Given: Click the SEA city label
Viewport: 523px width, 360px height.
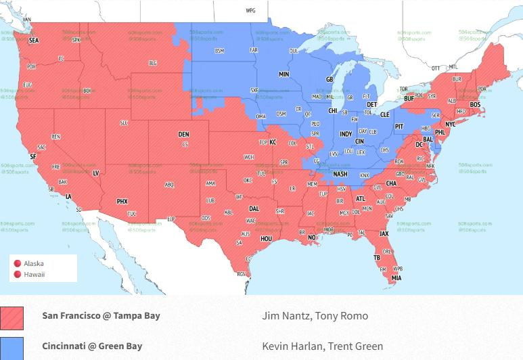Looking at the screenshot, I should click(34, 41).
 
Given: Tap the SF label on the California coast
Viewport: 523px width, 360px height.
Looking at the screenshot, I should click(32, 156).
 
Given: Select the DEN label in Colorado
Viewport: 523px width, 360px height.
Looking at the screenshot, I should click(183, 135).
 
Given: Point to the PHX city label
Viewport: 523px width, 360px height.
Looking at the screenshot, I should click(122, 201).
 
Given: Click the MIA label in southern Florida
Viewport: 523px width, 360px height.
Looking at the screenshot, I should click(396, 277).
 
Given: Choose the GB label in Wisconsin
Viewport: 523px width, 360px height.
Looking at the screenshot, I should click(329, 79).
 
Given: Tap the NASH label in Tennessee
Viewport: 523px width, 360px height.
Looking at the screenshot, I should click(340, 174).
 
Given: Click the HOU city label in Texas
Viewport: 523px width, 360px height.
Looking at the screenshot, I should click(266, 238).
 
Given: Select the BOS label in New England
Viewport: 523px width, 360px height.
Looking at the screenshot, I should click(475, 105).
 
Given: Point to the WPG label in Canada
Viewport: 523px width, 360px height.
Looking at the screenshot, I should click(250, 12).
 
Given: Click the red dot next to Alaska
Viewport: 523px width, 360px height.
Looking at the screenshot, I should click(18, 264).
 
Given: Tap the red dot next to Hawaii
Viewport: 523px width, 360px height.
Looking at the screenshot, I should click(18, 274).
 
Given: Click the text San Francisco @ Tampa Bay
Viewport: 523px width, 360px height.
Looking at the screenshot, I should click(101, 315).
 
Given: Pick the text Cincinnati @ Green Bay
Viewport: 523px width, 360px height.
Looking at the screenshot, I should click(92, 346).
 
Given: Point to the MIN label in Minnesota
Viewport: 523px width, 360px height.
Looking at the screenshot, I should click(283, 74).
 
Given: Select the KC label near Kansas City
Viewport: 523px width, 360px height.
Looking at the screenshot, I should click(273, 142).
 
